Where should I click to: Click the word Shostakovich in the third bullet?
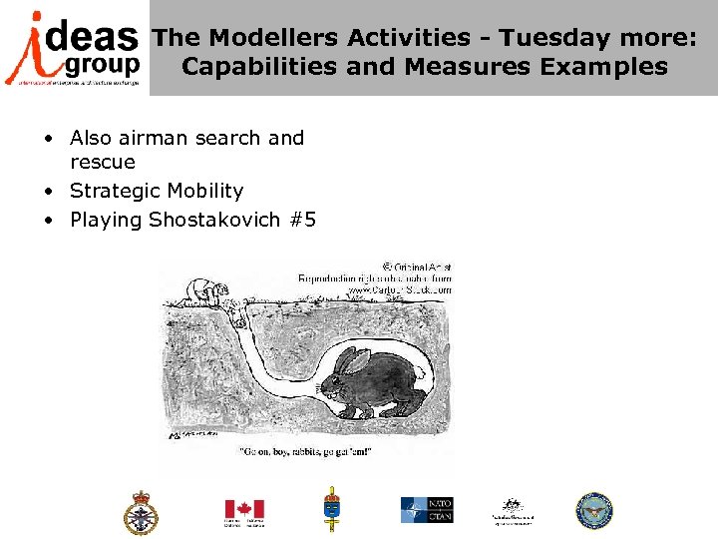point(214,220)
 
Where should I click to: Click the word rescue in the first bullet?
point(102,162)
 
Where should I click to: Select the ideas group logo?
point(74,47)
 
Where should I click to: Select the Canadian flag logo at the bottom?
point(243,511)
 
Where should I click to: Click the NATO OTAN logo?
point(427,510)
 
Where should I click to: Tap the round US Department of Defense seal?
point(594,510)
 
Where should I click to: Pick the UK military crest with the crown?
point(141,511)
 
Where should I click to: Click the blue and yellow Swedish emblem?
point(331,509)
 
